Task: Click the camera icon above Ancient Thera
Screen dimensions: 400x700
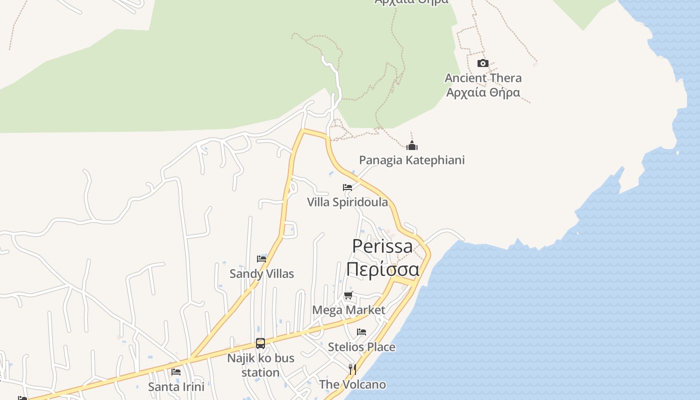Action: point(482,63)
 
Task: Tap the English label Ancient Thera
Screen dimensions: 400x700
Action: point(483,78)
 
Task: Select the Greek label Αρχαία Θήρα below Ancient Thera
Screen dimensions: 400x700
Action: point(483,92)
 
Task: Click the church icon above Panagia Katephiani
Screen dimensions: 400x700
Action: point(411,145)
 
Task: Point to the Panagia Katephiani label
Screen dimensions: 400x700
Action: point(411,160)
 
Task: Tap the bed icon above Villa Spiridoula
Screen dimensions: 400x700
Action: point(347,187)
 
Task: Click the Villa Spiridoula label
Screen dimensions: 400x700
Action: point(347,202)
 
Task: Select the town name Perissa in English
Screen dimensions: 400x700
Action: point(382,246)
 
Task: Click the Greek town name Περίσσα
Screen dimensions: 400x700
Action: point(382,269)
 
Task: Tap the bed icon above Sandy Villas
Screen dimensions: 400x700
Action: point(261,258)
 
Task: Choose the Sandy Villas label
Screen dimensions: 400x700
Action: point(261,273)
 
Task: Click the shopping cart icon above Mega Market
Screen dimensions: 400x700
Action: point(348,295)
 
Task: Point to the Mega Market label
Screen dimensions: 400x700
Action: point(348,310)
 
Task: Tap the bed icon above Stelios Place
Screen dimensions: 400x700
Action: point(361,332)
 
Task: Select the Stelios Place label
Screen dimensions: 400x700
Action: point(361,346)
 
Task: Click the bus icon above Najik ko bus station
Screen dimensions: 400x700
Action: point(260,343)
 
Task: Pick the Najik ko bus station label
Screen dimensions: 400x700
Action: point(260,365)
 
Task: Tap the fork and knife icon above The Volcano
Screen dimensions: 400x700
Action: point(352,369)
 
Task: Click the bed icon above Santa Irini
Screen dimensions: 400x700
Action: point(176,372)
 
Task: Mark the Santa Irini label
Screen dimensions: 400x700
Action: point(176,386)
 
